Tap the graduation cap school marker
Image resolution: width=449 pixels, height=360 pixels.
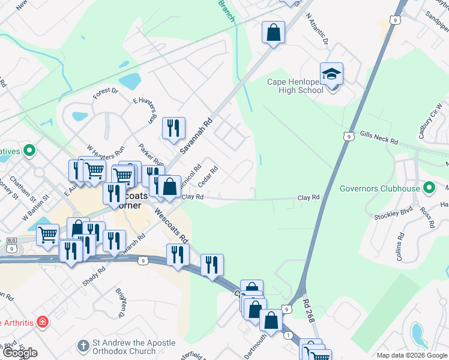[331, 74]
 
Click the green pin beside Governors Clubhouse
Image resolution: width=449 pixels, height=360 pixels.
[429, 188]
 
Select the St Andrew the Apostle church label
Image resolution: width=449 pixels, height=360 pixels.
[134, 347]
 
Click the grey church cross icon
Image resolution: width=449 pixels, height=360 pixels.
[83, 347]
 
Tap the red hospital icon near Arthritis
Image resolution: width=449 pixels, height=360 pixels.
[42, 322]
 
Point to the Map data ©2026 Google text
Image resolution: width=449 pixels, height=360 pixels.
[412, 355]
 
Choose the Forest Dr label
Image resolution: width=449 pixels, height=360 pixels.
[106, 92]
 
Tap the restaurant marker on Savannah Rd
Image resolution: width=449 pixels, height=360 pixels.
[173, 128]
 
